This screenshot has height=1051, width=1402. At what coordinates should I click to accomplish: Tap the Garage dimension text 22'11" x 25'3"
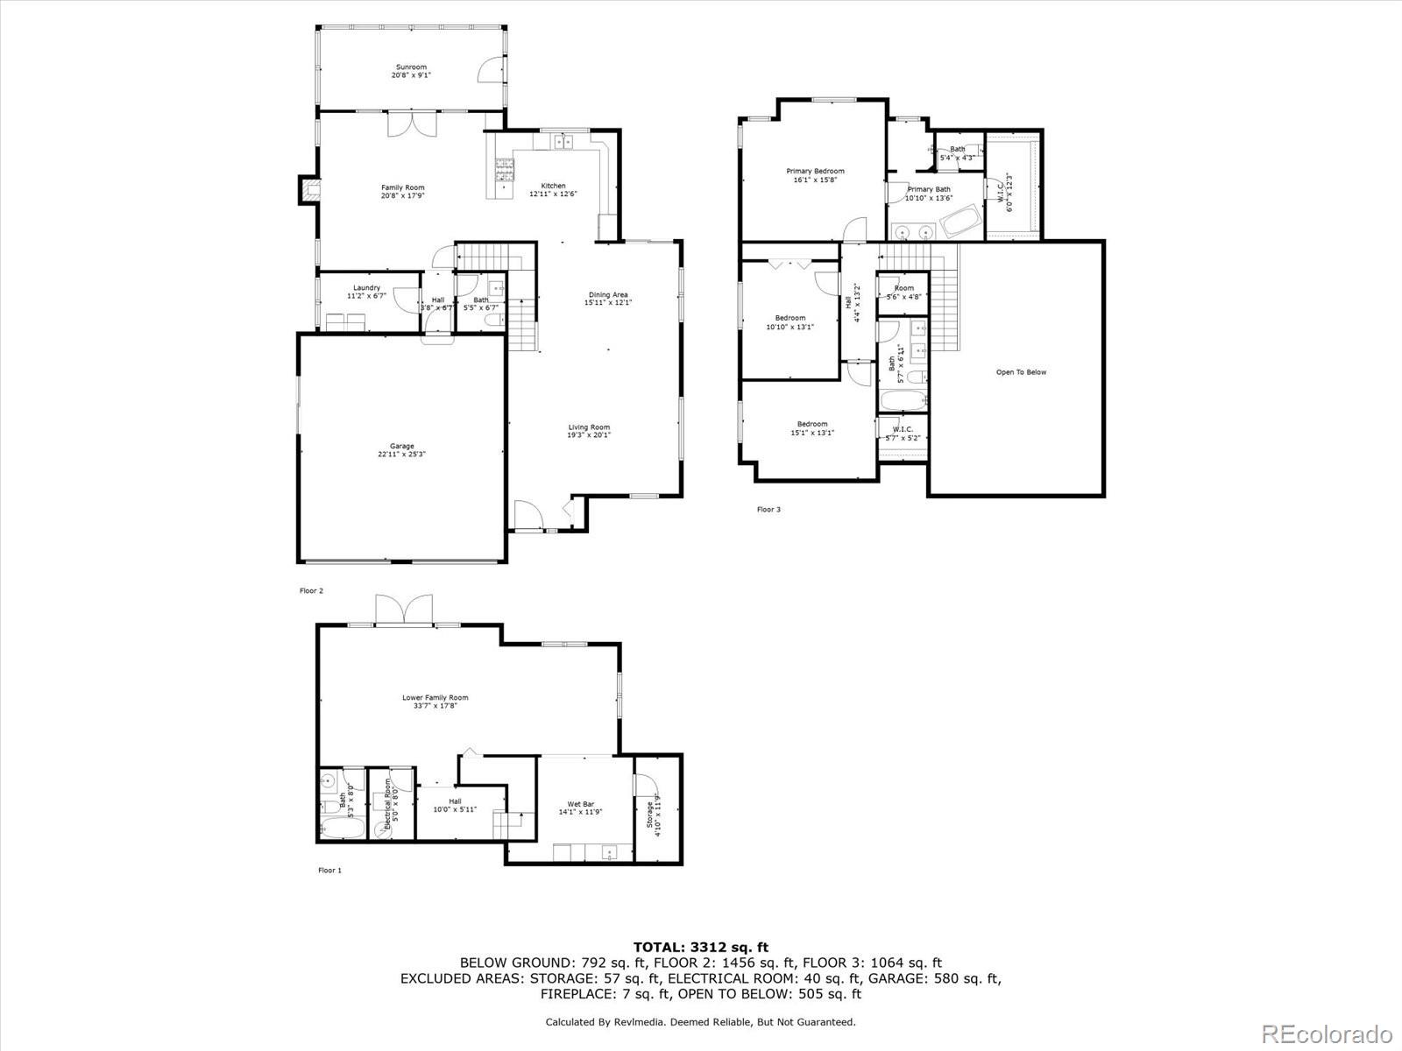402,455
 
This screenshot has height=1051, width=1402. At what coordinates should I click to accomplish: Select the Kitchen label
553,186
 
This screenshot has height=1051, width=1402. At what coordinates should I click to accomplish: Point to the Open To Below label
1021,372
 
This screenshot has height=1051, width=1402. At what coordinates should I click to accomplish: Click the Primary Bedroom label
815,171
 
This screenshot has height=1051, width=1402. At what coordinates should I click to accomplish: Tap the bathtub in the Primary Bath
962,222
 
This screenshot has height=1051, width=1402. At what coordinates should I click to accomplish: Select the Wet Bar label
581,804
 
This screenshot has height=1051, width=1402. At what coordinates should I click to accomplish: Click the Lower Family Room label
435,698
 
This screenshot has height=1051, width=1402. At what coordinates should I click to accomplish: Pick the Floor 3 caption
768,509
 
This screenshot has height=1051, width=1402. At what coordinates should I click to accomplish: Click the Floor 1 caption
329,871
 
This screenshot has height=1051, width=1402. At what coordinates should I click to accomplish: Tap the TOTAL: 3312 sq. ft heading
701,947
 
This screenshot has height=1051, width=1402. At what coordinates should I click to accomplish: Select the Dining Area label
608,295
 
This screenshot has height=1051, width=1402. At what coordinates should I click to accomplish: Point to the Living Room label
589,427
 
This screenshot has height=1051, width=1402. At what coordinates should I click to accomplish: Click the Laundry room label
366,288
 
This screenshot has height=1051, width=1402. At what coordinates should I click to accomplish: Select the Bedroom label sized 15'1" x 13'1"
812,424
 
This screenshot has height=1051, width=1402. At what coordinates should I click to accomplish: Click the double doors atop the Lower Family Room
404,610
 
